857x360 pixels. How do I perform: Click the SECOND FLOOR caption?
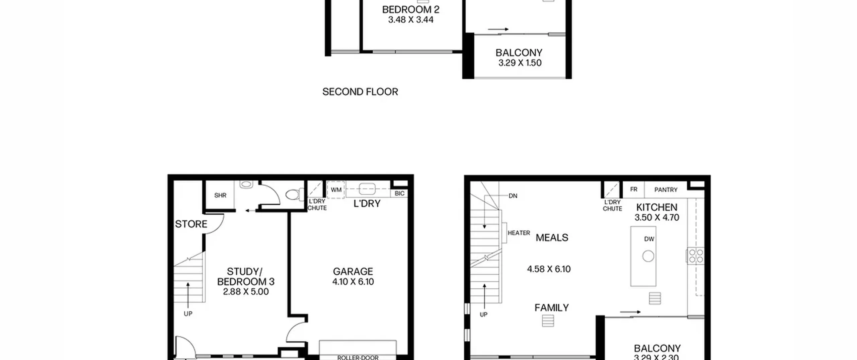(x=360, y=92)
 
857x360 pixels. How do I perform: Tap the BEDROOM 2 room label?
(x=411, y=9)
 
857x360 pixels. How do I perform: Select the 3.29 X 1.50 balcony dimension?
(x=520, y=63)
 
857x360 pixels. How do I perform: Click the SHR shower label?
(x=220, y=195)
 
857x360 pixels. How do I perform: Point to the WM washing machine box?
(x=336, y=190)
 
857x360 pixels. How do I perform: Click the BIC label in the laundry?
(x=399, y=194)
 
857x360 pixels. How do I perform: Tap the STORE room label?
(x=191, y=224)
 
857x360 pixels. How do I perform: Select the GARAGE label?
(x=353, y=271)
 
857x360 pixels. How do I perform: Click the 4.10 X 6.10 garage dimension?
(x=353, y=282)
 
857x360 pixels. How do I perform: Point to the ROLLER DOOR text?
(x=358, y=357)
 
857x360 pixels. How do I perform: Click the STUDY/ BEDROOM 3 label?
(x=246, y=277)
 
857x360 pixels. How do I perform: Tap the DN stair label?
(x=513, y=196)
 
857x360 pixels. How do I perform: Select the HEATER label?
(x=519, y=233)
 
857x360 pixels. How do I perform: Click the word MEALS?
(x=552, y=238)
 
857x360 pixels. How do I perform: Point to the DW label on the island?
(x=649, y=239)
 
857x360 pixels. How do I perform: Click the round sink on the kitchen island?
(x=648, y=256)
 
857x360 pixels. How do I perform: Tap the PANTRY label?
(x=666, y=190)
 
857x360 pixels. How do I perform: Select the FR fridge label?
(x=634, y=190)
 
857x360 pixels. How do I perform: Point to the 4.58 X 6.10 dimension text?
(x=549, y=269)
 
